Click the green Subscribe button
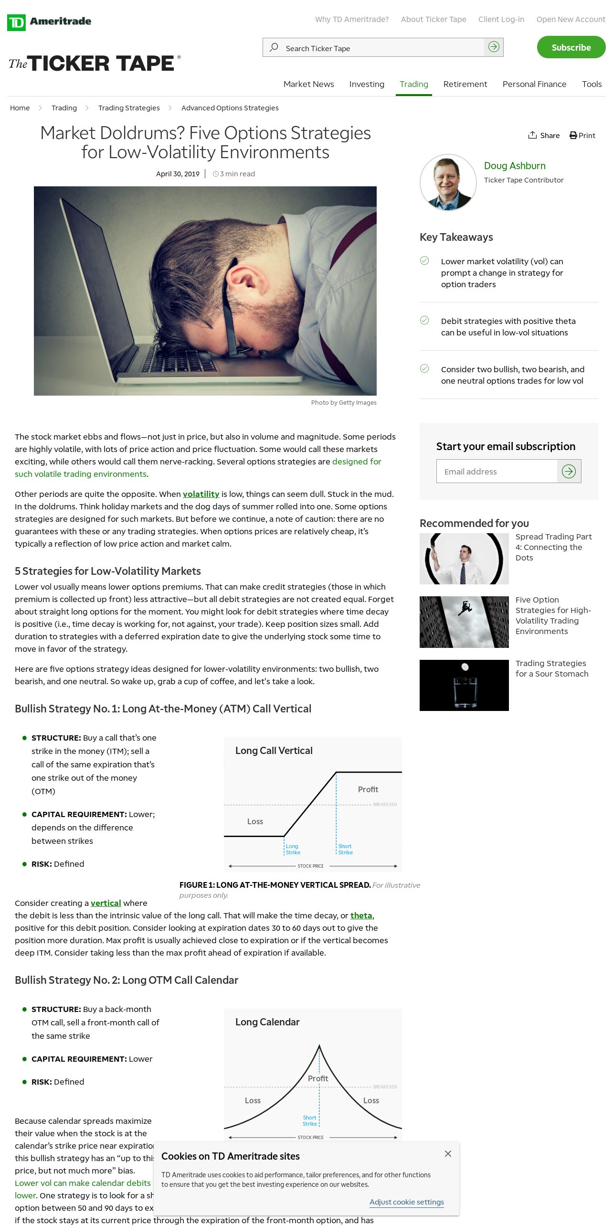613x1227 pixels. tap(571, 47)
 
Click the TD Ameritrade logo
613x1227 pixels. tap(49, 22)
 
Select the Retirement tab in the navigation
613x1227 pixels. tap(465, 84)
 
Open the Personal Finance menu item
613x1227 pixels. tap(534, 84)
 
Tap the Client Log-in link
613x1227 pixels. tap(501, 19)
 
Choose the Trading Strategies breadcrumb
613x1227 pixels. tap(129, 108)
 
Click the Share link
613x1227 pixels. tap(544, 136)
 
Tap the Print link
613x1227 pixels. tap(582, 136)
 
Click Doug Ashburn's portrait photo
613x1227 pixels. tap(448, 182)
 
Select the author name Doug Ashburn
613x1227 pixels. tap(515, 166)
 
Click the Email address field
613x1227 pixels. tap(497, 472)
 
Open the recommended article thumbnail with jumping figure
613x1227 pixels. tap(464, 622)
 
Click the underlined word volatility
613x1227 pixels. tap(201, 494)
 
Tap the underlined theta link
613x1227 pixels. tap(361, 915)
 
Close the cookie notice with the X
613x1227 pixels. tap(448, 1153)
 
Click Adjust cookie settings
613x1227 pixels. tap(406, 1202)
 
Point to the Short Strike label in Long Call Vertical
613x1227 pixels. tap(345, 849)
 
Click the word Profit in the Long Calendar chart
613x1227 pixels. tap(318, 1078)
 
